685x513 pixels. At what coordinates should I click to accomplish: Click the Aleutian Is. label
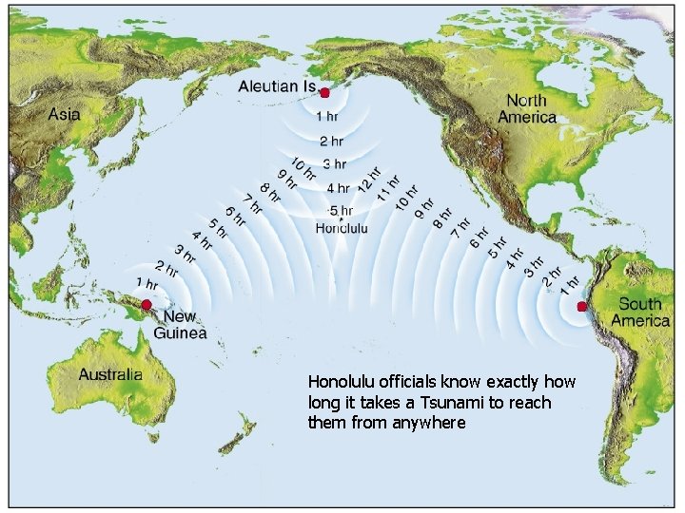pyautogui.click(x=277, y=86)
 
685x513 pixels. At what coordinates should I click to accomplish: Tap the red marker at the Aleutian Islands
pyautogui.click(x=324, y=93)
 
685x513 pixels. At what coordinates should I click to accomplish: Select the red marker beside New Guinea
pyautogui.click(x=147, y=305)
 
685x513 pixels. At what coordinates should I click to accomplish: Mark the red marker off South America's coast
pyautogui.click(x=582, y=306)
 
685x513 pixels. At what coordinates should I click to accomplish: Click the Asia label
pyautogui.click(x=65, y=114)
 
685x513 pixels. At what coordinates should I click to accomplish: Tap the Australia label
pyautogui.click(x=110, y=374)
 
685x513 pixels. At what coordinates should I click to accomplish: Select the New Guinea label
pyautogui.click(x=179, y=325)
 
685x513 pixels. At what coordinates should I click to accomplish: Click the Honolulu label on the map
pyautogui.click(x=342, y=228)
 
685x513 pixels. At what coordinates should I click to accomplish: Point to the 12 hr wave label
pyautogui.click(x=369, y=179)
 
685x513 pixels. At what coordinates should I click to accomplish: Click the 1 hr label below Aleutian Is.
pyautogui.click(x=326, y=117)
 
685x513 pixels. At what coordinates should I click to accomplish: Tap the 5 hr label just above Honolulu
pyautogui.click(x=341, y=211)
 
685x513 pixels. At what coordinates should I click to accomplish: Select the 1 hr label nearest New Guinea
pyautogui.click(x=147, y=283)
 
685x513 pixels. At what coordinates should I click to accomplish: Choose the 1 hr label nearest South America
pyautogui.click(x=570, y=283)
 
